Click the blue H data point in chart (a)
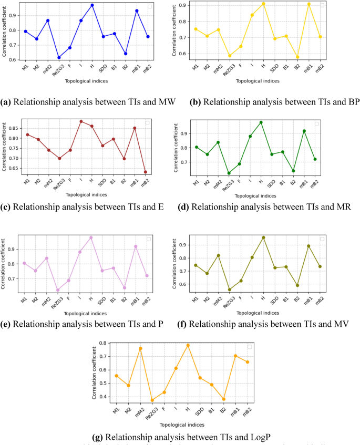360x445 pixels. click(x=92, y=5)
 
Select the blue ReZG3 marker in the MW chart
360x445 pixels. click(x=59, y=57)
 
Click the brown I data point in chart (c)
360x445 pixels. click(x=81, y=121)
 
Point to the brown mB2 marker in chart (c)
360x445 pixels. click(x=145, y=172)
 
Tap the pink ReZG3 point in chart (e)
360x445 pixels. click(x=57, y=290)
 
